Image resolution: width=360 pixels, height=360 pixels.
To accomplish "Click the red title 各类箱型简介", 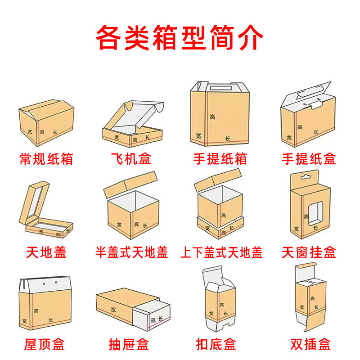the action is (x=180, y=38).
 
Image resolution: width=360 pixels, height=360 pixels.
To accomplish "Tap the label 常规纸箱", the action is (x=46, y=158).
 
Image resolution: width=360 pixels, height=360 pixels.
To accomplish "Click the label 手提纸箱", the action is (x=220, y=158).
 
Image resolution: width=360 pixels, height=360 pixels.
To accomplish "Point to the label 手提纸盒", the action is (x=309, y=158).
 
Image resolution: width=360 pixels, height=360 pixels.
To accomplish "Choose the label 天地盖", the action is (x=46, y=252).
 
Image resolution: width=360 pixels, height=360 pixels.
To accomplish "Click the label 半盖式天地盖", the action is (x=132, y=252).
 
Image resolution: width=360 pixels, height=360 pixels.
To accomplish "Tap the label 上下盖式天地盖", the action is (x=220, y=252).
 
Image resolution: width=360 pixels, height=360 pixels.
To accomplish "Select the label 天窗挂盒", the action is (x=309, y=252).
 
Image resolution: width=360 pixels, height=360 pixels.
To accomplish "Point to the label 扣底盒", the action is (x=220, y=345).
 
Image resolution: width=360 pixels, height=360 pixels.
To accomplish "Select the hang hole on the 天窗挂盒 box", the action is (x=309, y=176).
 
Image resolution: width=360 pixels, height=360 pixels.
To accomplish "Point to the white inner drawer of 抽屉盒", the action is (x=155, y=315).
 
